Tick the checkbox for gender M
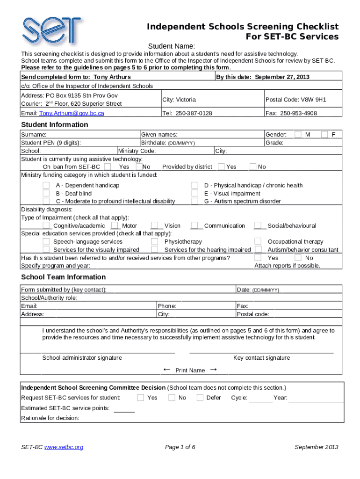pyautogui.click(x=298, y=135)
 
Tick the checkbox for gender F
pyautogui.click(x=324, y=135)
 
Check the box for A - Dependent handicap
pyautogui.click(x=46, y=186)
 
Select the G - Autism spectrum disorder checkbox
pyautogui.click(x=194, y=202)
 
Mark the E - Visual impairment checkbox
pyautogui.click(x=194, y=194)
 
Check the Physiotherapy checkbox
pyautogui.click(x=154, y=241)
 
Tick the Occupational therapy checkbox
pyautogui.click(x=258, y=241)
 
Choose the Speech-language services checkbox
pyautogui.click(x=46, y=241)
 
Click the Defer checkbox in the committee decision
pyautogui.click(x=200, y=398)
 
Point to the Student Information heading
pyautogui.click(x=55, y=124)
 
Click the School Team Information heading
pyautogui.click(x=64, y=277)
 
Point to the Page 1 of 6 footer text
pyautogui.click(x=180, y=447)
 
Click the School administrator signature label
pyautogui.click(x=82, y=358)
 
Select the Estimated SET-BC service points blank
pyautogui.click(x=124, y=408)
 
